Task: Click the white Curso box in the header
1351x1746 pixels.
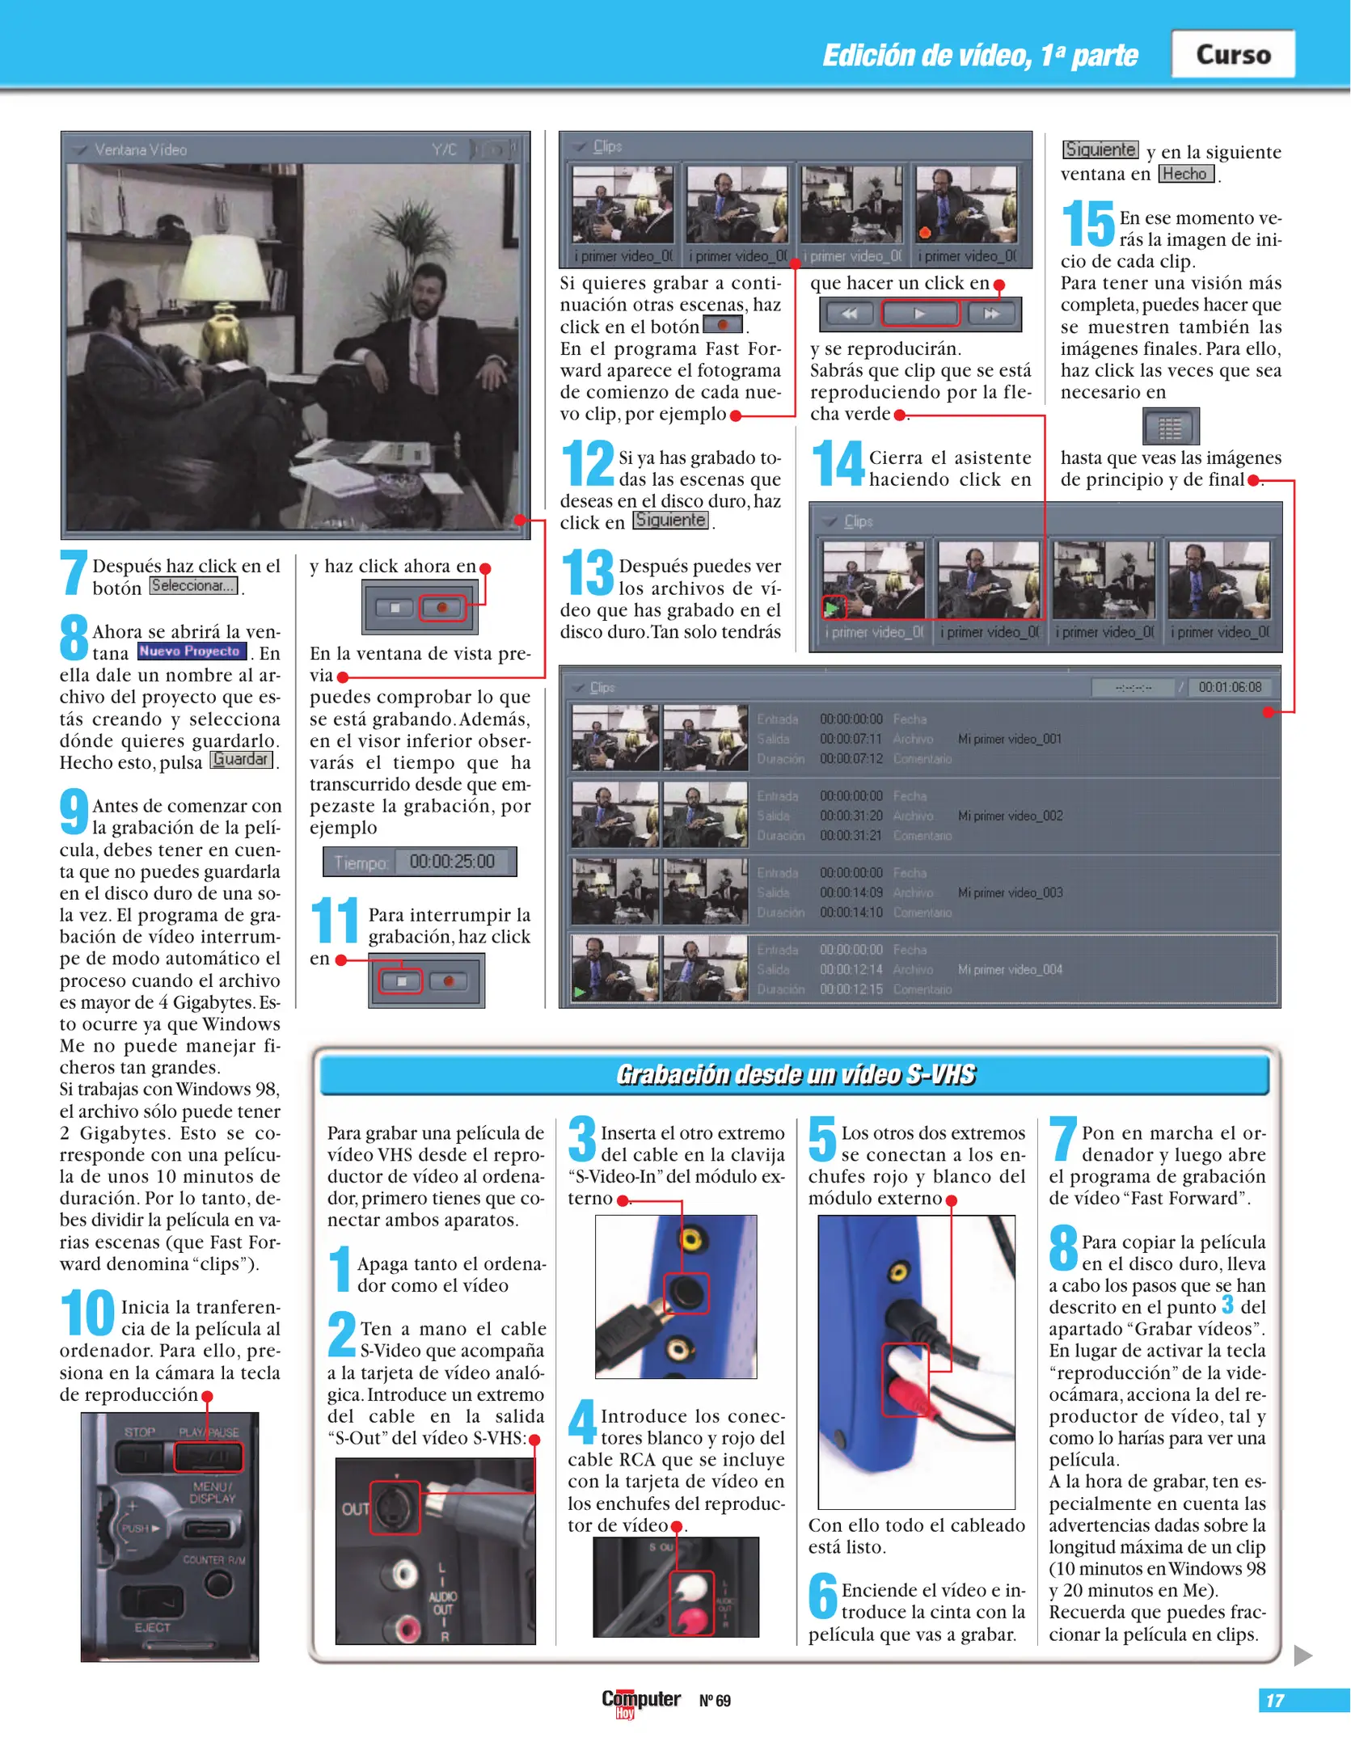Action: (1232, 54)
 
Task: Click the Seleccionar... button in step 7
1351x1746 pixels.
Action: (193, 586)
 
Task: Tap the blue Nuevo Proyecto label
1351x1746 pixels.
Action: (191, 652)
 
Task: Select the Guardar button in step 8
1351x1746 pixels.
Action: (241, 760)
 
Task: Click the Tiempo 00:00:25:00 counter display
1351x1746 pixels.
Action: (420, 862)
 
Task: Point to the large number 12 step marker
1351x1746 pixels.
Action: (588, 463)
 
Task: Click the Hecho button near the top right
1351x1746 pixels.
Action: (1185, 174)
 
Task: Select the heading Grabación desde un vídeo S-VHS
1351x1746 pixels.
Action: (796, 1074)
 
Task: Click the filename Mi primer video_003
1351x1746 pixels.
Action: (1010, 892)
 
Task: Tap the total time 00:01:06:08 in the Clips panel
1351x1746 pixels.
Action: (1229, 687)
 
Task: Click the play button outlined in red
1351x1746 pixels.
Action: (919, 314)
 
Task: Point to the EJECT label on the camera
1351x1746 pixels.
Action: (152, 1627)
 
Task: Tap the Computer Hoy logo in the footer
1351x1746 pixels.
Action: (640, 1702)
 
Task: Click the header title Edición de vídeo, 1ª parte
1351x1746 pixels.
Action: (980, 55)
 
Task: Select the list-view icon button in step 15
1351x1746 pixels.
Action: (1170, 427)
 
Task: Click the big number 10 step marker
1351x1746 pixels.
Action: (87, 1314)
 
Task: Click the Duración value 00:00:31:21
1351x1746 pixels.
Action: (851, 836)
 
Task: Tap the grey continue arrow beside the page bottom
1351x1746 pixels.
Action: (1302, 1655)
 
